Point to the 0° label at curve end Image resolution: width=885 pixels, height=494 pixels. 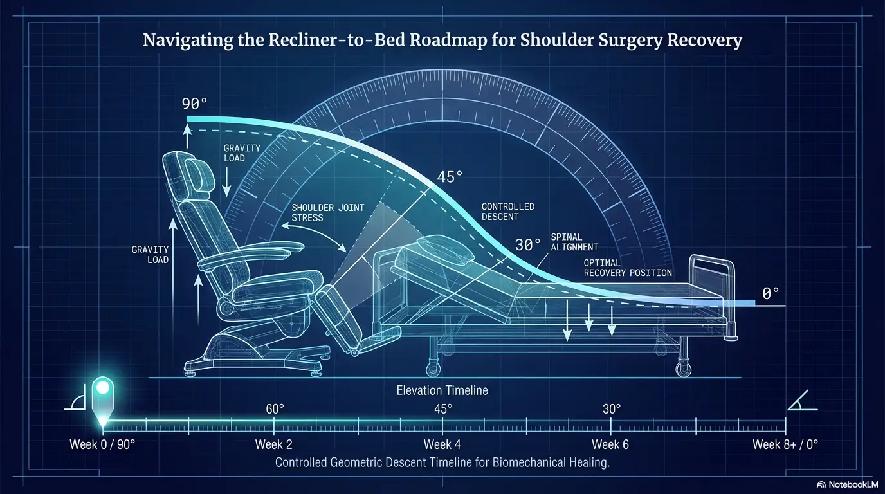pos(771,293)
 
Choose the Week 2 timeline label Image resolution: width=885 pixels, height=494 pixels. pos(273,444)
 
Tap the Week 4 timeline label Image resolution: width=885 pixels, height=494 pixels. pos(442,444)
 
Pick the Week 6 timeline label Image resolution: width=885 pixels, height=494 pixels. pos(610,444)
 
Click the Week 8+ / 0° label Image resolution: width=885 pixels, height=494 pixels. pos(785,444)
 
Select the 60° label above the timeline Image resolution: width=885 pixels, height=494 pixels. pos(275,408)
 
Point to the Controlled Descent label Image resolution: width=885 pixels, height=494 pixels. pos(508,212)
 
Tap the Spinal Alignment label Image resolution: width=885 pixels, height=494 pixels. pos(574,242)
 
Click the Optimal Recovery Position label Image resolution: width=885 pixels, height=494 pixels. pos(628,268)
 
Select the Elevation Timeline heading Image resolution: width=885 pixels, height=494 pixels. pos(442,390)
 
